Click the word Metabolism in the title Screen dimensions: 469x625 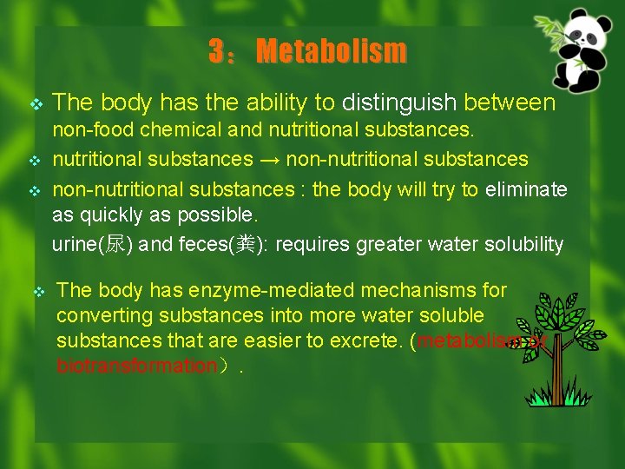tap(331, 51)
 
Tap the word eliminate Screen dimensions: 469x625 tap(527, 188)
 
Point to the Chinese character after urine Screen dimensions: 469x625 tap(115, 245)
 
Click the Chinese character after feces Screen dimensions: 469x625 tap(247, 245)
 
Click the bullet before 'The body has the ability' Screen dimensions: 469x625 tap(36, 104)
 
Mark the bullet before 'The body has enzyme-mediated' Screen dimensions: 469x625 tap(38, 291)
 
